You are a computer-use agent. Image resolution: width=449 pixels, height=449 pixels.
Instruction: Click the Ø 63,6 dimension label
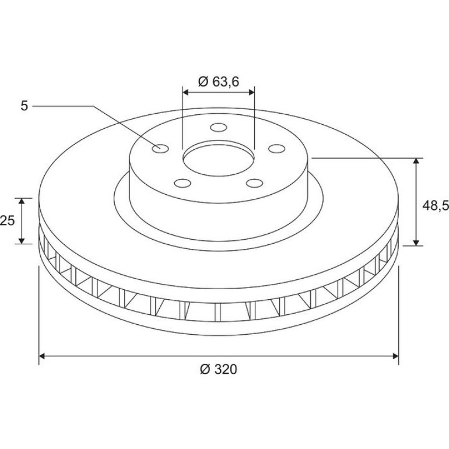[x=219, y=82]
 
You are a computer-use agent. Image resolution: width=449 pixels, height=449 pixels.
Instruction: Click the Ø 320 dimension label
[x=219, y=369]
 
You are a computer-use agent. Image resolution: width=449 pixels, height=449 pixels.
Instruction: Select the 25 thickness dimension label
[x=7, y=220]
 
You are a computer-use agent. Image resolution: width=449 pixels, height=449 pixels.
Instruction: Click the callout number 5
[x=24, y=106]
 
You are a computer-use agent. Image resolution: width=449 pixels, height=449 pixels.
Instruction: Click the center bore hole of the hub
[x=219, y=159]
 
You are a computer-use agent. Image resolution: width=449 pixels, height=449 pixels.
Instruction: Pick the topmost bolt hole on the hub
[x=219, y=127]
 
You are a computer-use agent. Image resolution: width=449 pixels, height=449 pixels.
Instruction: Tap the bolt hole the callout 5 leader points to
[x=160, y=148]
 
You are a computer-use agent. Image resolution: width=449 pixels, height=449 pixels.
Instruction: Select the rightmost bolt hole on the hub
[x=277, y=149]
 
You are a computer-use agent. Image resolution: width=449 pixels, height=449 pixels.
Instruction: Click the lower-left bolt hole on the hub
[x=183, y=183]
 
